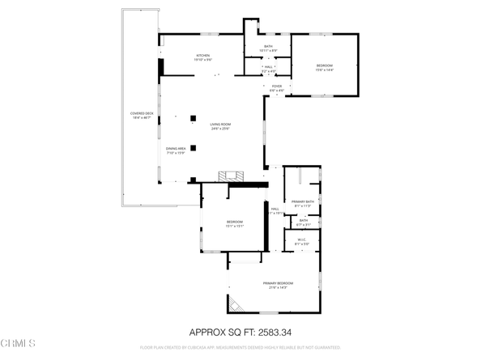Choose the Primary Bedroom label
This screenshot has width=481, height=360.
pos(278,284)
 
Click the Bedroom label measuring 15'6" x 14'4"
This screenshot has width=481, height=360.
pos(324,66)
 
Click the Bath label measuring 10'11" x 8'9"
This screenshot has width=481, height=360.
pos(269,48)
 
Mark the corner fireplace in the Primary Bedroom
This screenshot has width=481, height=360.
pos(236,303)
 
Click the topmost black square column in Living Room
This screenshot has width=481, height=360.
pos(193,119)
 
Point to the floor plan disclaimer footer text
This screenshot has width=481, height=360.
pos(240,346)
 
